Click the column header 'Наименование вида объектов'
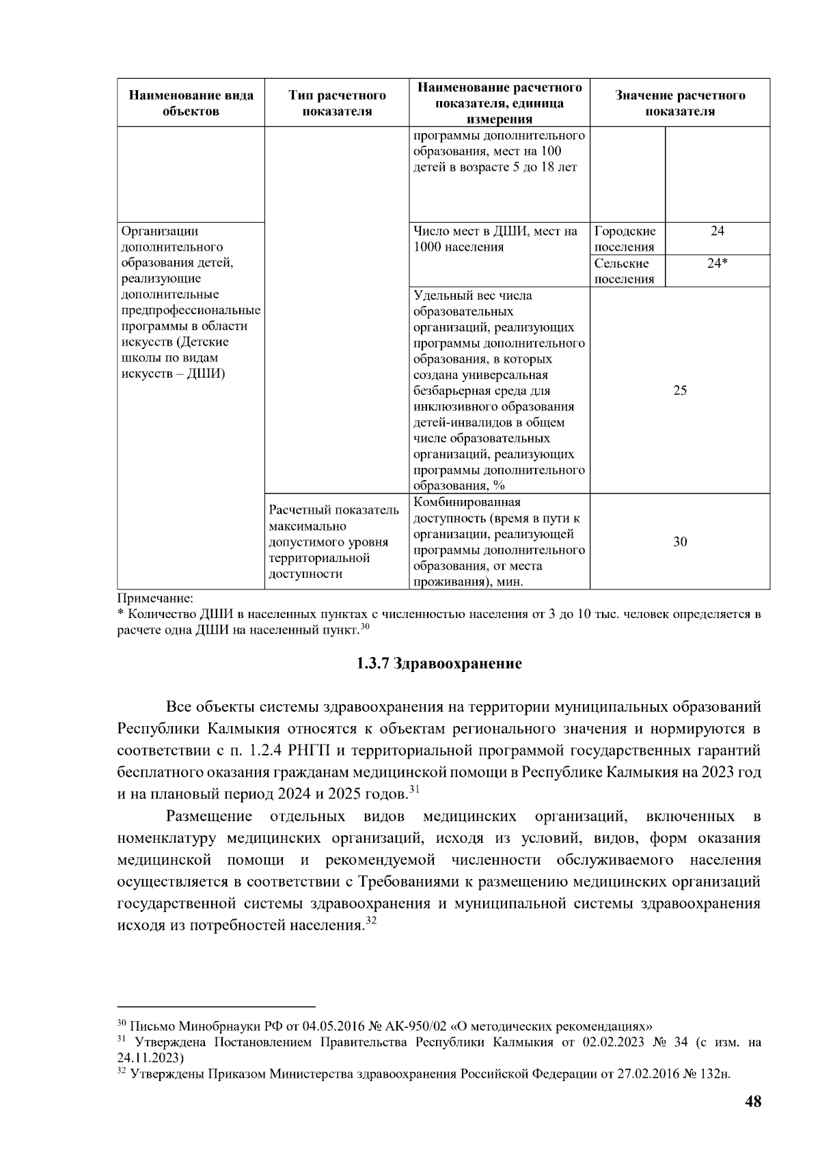click(191, 103)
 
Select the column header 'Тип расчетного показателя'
click(337, 103)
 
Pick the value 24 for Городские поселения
click(716, 232)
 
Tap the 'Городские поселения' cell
click(625, 239)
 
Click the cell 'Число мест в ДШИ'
click(495, 239)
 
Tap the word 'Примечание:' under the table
click(156, 599)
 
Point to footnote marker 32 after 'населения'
click(371, 922)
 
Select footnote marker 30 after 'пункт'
click(365, 626)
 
